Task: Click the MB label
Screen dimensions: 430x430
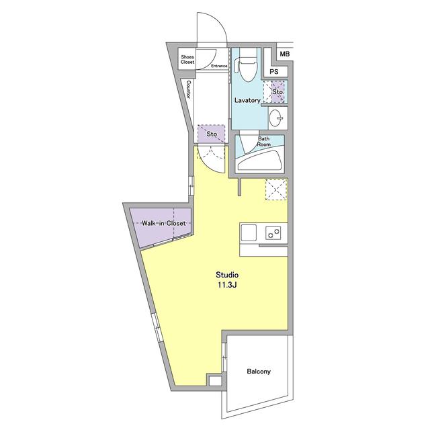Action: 285,54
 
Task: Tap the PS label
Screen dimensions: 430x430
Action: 274,72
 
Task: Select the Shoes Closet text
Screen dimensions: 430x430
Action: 187,60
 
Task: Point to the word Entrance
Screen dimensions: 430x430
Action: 219,66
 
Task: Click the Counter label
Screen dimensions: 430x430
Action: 189,89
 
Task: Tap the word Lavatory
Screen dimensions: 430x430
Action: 247,100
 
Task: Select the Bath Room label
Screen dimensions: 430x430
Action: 263,142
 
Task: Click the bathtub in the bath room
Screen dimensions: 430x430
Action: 260,161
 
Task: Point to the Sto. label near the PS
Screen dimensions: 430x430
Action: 277,92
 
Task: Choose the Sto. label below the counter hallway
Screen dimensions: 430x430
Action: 212,134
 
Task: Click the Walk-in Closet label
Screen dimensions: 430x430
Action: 163,223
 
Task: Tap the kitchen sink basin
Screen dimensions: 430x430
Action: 249,233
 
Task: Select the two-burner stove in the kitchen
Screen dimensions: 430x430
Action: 273,233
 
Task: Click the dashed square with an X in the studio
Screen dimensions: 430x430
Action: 276,189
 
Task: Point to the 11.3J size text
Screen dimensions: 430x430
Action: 227,285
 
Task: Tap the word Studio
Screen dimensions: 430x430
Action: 227,275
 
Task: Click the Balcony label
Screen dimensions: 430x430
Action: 259,372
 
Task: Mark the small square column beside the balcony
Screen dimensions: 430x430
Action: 215,381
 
